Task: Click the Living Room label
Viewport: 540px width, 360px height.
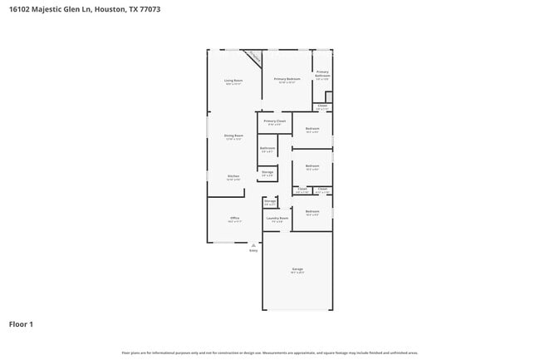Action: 233,80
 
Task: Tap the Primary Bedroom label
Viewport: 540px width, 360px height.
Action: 287,79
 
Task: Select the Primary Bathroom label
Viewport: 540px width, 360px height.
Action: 322,73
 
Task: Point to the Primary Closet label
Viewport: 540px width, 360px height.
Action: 274,121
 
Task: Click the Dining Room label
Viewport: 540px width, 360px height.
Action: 233,136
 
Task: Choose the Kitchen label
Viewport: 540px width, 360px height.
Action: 233,176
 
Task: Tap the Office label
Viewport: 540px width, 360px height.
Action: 234,218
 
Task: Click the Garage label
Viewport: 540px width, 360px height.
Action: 297,269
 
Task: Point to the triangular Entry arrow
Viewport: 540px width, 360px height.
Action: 253,245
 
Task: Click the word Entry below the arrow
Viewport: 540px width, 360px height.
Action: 253,250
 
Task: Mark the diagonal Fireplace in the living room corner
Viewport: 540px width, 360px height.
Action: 254,57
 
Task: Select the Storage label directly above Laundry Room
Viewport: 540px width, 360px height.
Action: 270,201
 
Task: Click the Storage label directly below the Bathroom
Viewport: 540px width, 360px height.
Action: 267,172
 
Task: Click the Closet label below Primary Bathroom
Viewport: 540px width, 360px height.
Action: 322,106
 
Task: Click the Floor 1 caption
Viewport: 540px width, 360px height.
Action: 21,324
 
